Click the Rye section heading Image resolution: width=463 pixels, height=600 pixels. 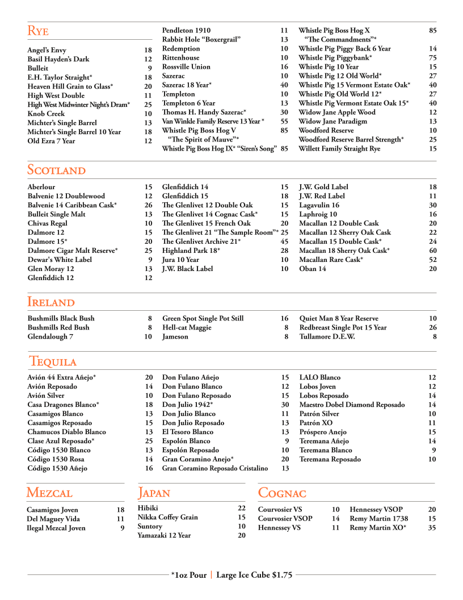pos(38,31)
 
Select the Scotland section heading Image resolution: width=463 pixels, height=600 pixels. pos(56,170)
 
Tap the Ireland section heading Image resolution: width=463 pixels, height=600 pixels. pos(50,302)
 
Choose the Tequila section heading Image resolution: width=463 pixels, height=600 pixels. pos(53,361)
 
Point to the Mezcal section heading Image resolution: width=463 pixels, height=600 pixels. pos(49,493)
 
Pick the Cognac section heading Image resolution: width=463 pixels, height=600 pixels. pos(282,493)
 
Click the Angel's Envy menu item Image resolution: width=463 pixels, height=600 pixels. pos(47,50)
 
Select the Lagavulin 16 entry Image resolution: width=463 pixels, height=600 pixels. pos(319,205)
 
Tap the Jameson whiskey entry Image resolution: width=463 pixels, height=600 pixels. pos(175,336)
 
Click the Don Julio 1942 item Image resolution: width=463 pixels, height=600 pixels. pos(187,405)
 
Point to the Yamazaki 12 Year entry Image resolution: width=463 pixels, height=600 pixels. pos(164,535)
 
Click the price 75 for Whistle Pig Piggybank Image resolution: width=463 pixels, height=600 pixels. pos(432,58)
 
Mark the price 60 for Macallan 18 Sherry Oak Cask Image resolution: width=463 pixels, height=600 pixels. pos(432,251)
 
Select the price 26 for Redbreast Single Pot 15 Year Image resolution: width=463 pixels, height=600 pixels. pos(432,327)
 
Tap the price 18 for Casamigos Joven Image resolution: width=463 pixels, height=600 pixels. pos(120,510)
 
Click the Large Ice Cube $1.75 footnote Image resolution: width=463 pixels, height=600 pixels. pos(254,575)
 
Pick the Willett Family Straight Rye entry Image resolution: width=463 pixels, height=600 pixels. pos(339,149)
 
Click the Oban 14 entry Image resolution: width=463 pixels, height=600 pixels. pos(312,269)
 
